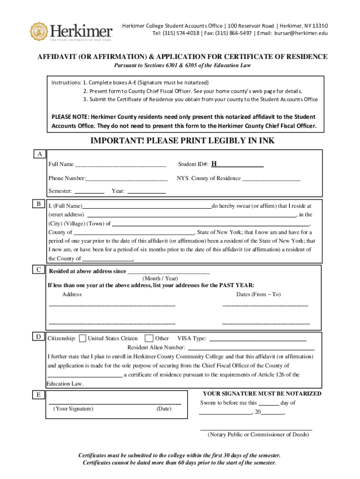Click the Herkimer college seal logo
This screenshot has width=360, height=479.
click(x=39, y=31)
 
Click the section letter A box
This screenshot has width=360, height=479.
click(x=40, y=154)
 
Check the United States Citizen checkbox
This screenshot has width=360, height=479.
click(x=83, y=338)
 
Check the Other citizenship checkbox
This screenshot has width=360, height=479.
click(x=149, y=338)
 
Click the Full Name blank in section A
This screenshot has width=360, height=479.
click(x=120, y=165)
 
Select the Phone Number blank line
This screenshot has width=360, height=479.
click(x=127, y=179)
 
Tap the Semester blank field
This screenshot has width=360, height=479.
click(x=89, y=191)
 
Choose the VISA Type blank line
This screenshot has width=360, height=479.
click(x=258, y=339)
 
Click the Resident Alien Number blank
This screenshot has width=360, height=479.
click(x=251, y=348)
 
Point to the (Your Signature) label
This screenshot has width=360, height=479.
click(x=73, y=409)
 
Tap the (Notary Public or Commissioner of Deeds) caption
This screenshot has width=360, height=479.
click(x=258, y=435)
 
